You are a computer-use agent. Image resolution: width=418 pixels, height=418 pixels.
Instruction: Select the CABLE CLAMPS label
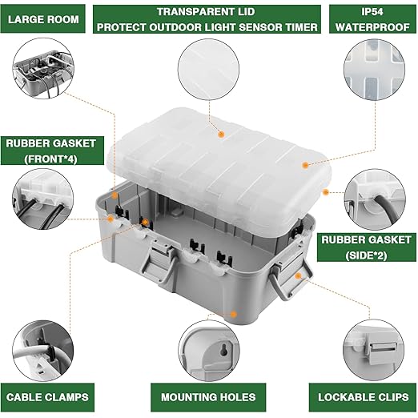click(47, 396)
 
